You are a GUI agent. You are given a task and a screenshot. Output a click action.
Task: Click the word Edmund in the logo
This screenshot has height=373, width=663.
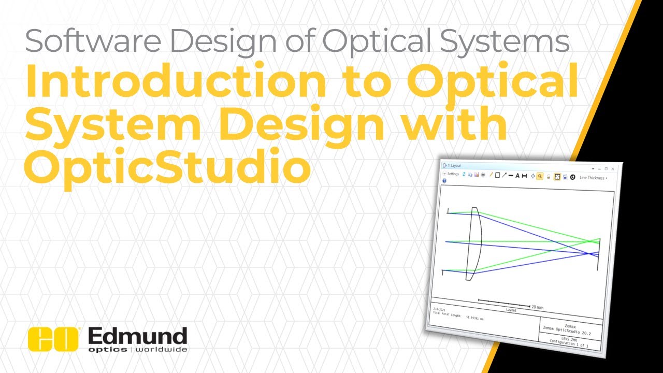137,336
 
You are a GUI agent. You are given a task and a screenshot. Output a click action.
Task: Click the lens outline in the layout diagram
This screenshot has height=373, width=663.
476,243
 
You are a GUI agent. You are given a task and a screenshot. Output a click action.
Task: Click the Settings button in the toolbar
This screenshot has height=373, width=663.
451,174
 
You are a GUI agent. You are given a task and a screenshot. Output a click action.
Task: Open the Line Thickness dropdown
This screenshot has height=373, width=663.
593,178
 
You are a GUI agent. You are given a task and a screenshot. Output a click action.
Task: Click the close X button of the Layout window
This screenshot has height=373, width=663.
613,169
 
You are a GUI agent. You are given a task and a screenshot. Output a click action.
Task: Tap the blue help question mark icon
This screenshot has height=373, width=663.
444,181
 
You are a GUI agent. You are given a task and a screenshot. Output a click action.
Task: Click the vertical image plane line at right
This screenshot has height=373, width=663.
599,254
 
